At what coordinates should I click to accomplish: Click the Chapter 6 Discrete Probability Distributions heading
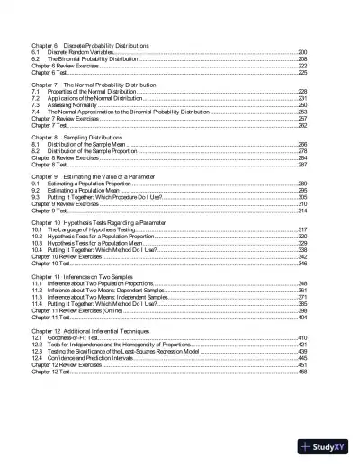point(90,45)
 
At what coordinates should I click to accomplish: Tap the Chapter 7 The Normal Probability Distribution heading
point(94,85)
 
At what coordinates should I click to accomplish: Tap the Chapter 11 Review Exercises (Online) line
point(76,309)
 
